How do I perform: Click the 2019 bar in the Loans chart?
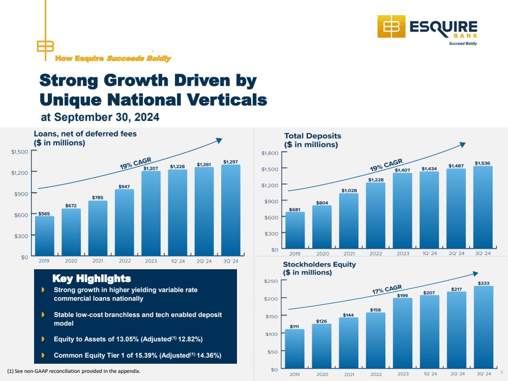coord(45,236)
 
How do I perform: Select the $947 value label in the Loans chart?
coord(124,186)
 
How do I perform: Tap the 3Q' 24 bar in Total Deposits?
coord(483,207)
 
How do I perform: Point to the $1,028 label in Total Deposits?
coord(349,190)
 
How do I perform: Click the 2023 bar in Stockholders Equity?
coord(403,333)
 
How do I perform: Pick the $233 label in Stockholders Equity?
coord(484,283)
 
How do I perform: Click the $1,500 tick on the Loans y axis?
coord(19,152)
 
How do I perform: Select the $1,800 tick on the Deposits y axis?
coord(270,153)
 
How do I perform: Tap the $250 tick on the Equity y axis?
coord(271,281)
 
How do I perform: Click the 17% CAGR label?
coord(387,289)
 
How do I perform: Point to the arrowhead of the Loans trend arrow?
coord(219,140)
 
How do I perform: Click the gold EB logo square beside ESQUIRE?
coord(392,26)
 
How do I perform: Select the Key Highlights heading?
coord(92,278)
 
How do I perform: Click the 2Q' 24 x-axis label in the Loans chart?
coord(204,261)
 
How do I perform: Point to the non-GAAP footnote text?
coord(74,371)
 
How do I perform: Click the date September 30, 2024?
coord(107,117)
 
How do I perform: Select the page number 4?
coord(501,372)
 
